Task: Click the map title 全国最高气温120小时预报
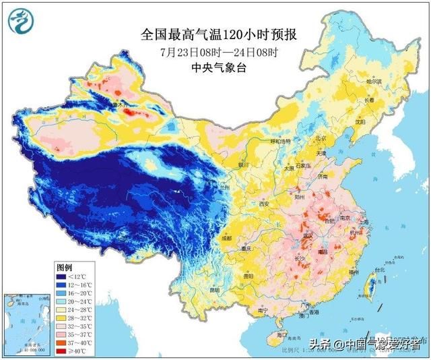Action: click(215, 33)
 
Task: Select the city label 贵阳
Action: click(248, 276)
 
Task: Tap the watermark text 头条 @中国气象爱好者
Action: click(364, 344)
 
